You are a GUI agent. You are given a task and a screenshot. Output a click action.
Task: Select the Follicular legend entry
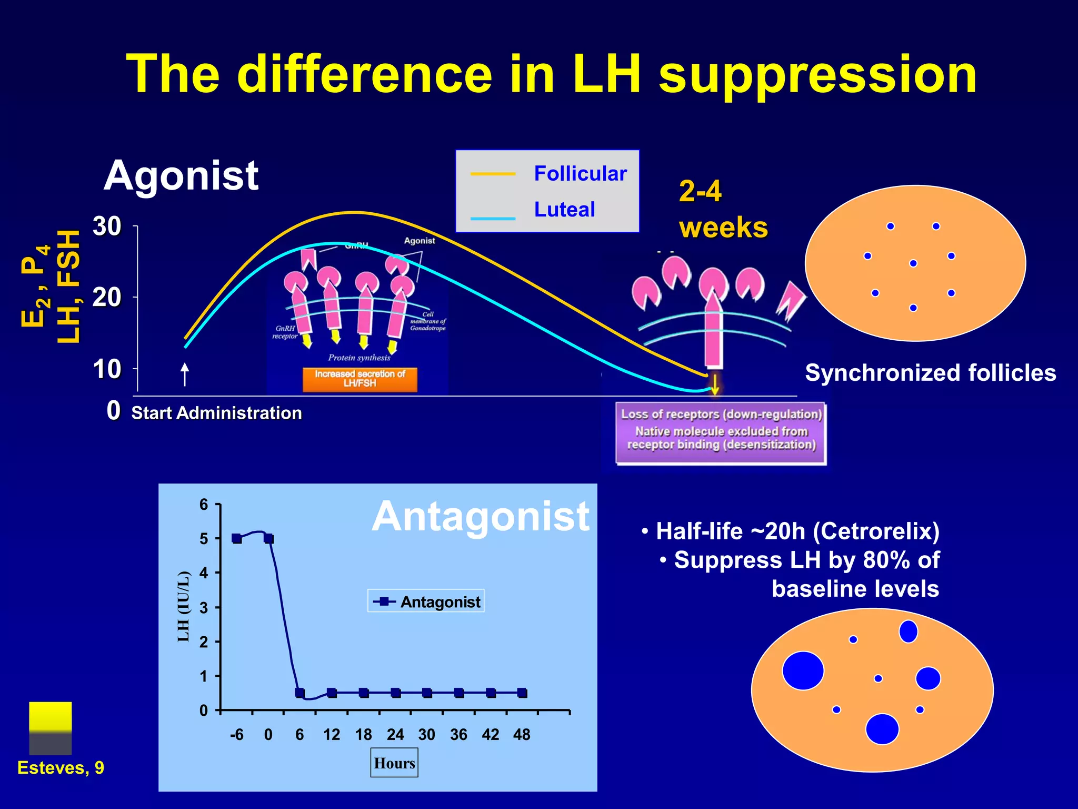(580, 173)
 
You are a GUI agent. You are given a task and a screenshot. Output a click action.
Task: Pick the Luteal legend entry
(564, 210)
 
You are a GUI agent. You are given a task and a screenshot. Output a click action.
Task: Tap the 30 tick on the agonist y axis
(107, 226)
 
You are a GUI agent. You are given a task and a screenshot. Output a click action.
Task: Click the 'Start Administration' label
(216, 413)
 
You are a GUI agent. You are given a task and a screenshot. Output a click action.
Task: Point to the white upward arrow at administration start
(185, 374)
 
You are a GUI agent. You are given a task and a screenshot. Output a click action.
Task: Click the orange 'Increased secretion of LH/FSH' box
(360, 379)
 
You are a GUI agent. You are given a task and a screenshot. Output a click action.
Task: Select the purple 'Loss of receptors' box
(721, 433)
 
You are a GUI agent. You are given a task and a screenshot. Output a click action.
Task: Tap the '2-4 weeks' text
(723, 210)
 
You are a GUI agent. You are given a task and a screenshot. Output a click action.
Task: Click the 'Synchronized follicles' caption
(930, 373)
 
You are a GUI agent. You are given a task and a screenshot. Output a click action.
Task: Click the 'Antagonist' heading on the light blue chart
(480, 517)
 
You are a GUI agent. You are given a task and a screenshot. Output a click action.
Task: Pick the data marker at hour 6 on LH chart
(300, 693)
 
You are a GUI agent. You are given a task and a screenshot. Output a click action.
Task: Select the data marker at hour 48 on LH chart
(522, 693)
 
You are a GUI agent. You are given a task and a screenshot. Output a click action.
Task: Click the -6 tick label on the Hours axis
(237, 735)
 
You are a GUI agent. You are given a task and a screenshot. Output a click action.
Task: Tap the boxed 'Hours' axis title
(394, 763)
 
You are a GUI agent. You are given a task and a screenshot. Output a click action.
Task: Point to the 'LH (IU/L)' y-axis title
(183, 606)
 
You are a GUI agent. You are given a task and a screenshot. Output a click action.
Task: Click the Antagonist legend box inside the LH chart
(426, 601)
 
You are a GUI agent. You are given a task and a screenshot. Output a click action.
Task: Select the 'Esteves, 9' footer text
(61, 768)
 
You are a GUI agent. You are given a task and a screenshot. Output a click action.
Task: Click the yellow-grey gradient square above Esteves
(51, 728)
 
